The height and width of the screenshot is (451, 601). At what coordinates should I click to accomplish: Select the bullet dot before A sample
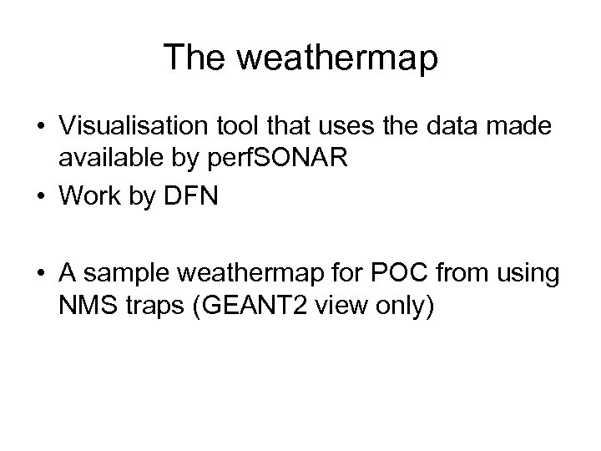[x=40, y=276]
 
